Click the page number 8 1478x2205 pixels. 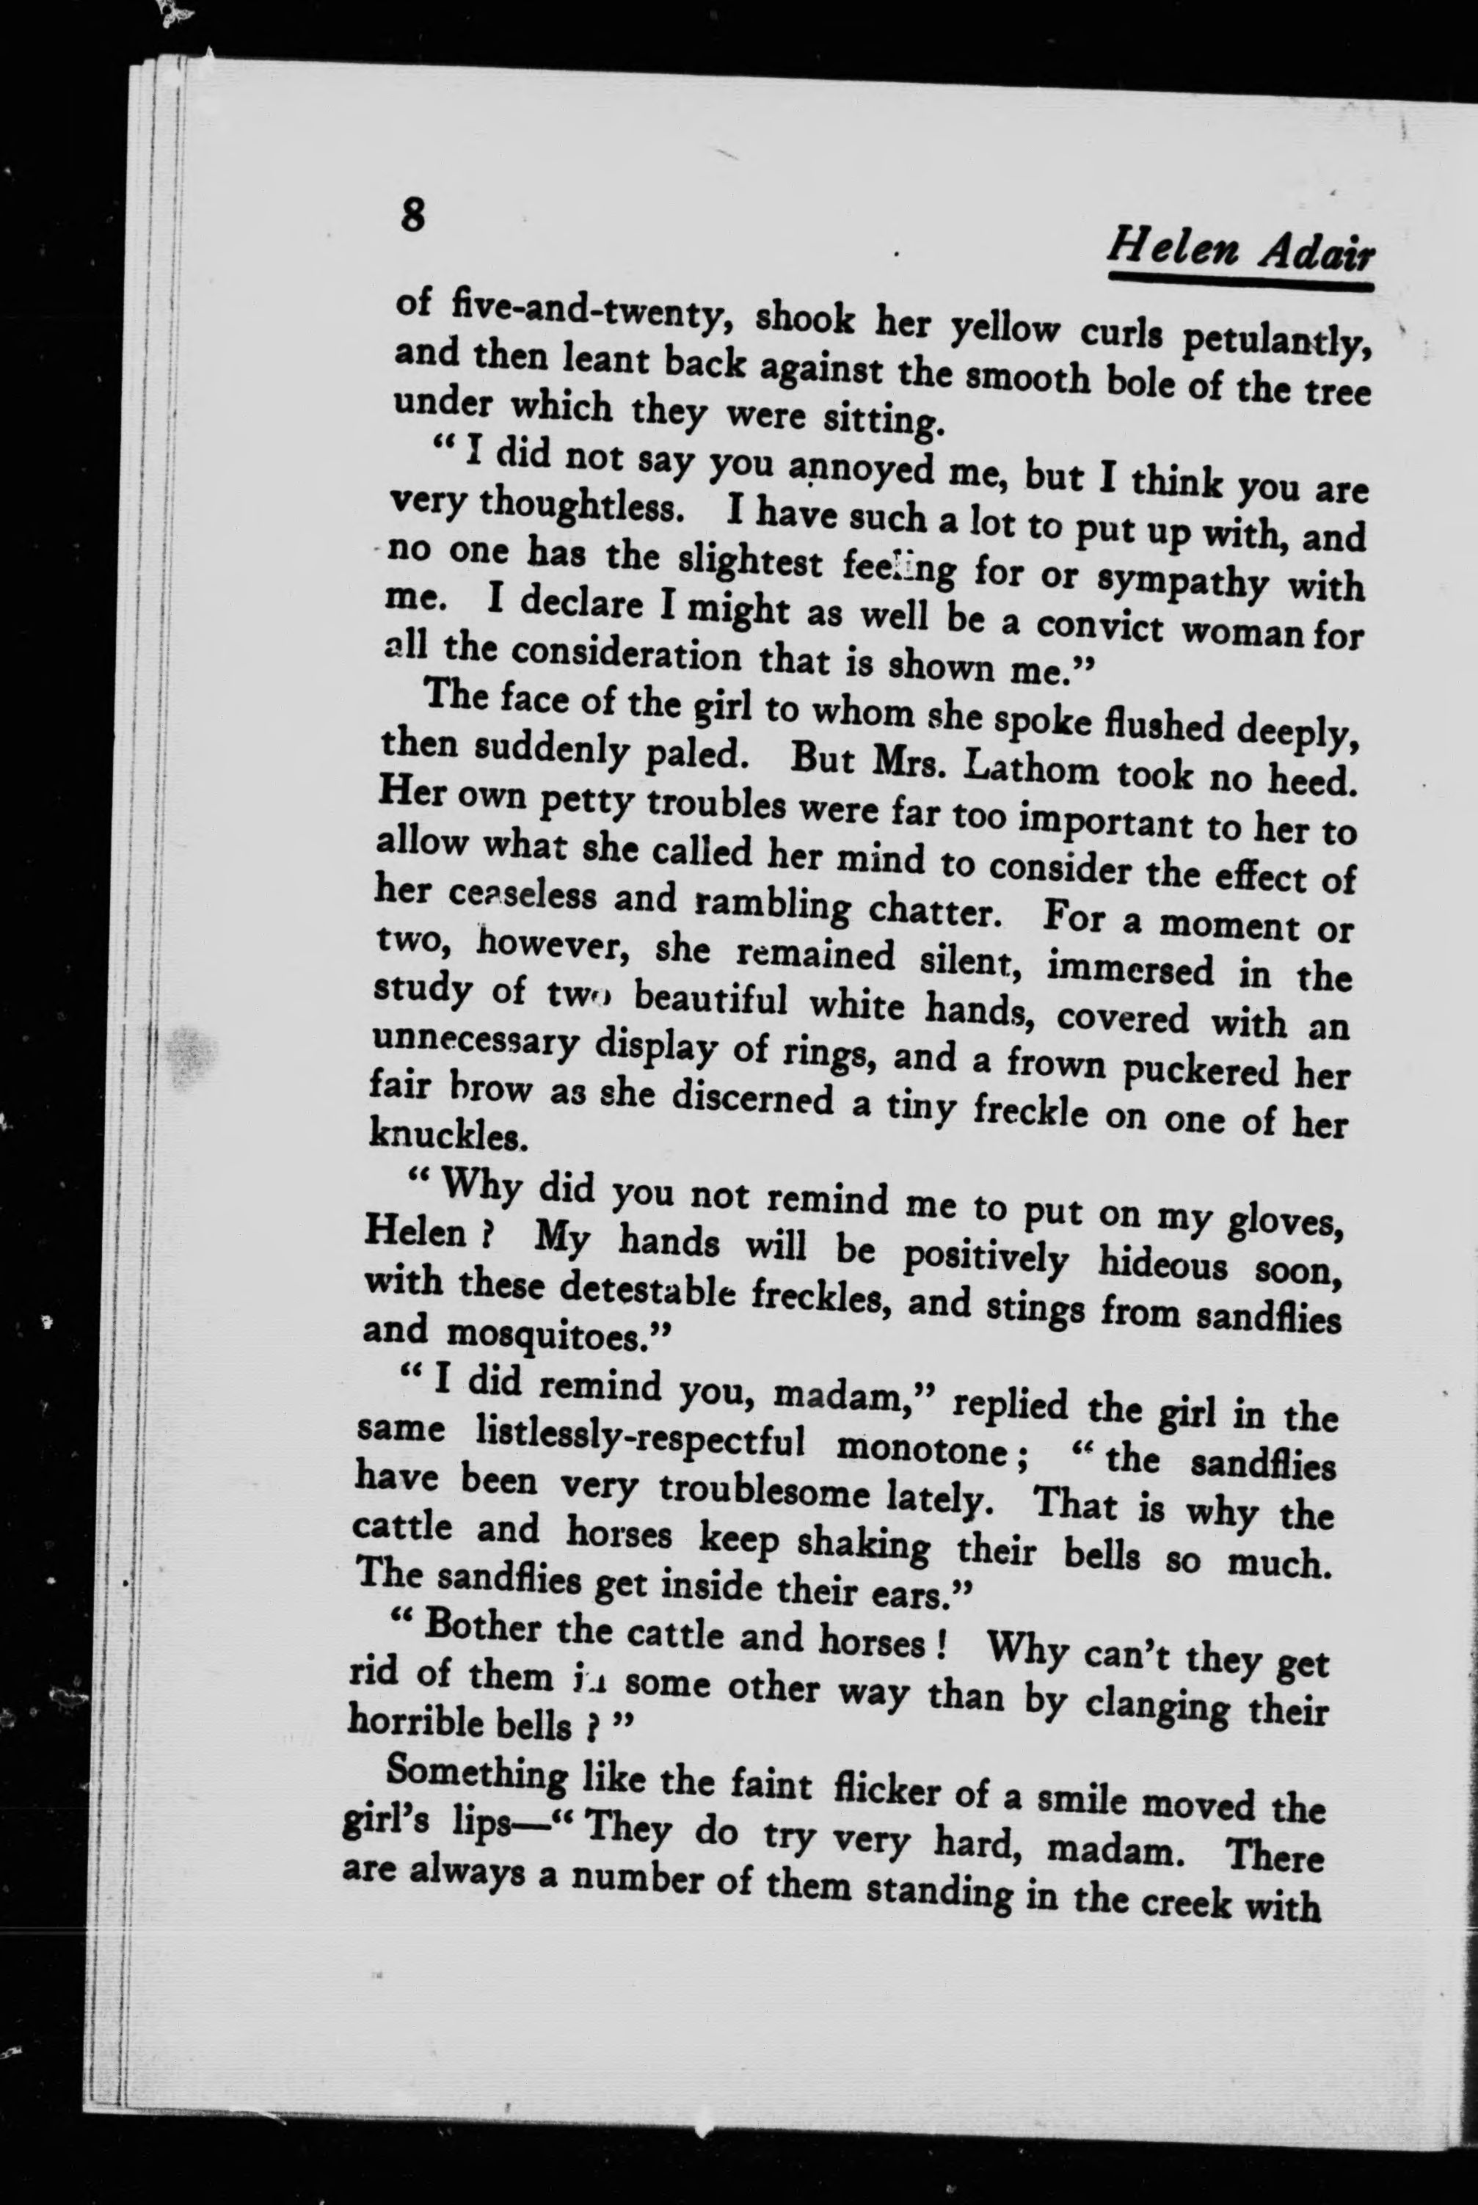point(412,215)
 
